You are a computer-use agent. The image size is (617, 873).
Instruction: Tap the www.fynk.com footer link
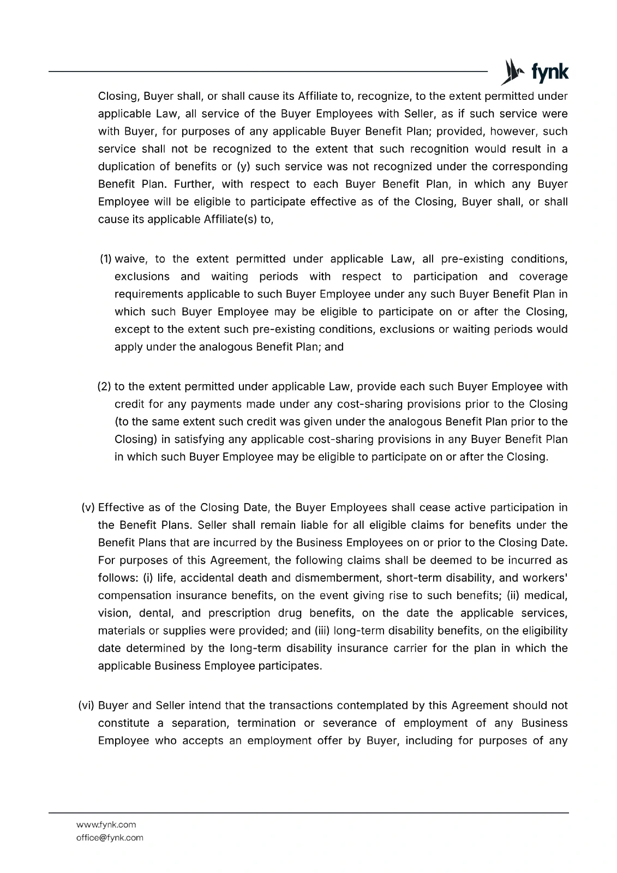click(x=106, y=824)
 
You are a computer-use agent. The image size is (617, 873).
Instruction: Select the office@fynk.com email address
click(x=110, y=838)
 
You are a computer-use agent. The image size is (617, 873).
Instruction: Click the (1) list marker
click(x=105, y=259)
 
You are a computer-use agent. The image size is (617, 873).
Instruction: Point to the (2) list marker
click(x=104, y=387)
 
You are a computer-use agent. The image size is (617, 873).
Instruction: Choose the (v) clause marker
click(x=88, y=507)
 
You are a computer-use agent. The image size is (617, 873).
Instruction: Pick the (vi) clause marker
click(x=87, y=705)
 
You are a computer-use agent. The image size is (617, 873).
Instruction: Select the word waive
click(x=130, y=259)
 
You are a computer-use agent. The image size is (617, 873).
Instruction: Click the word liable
click(x=303, y=525)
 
